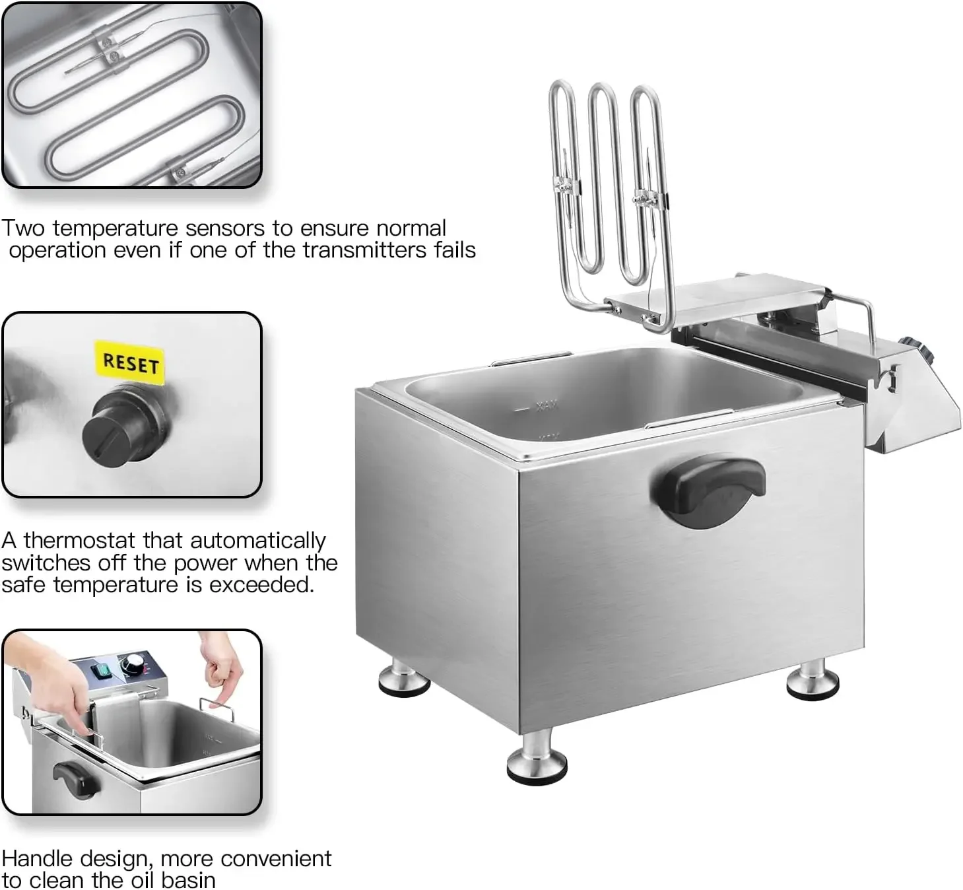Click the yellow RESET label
(x=131, y=362)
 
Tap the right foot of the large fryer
(x=813, y=680)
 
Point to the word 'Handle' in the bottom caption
(x=40, y=858)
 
